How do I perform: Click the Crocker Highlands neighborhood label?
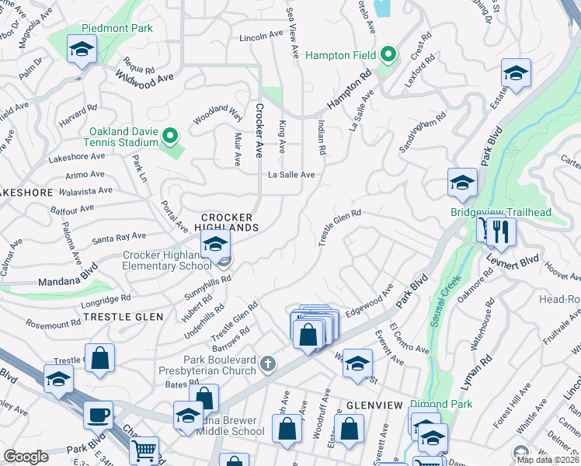(x=229, y=222)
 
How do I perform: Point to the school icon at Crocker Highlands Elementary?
(x=215, y=245)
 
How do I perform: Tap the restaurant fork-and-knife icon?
(x=501, y=231)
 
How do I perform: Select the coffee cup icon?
(x=98, y=416)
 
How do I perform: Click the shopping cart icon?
(x=144, y=451)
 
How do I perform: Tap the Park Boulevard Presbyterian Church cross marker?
(x=268, y=363)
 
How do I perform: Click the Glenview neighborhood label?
(x=374, y=405)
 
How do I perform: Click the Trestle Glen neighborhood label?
(x=124, y=317)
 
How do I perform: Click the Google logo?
(x=26, y=457)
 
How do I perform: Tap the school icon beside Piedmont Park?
(x=80, y=50)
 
